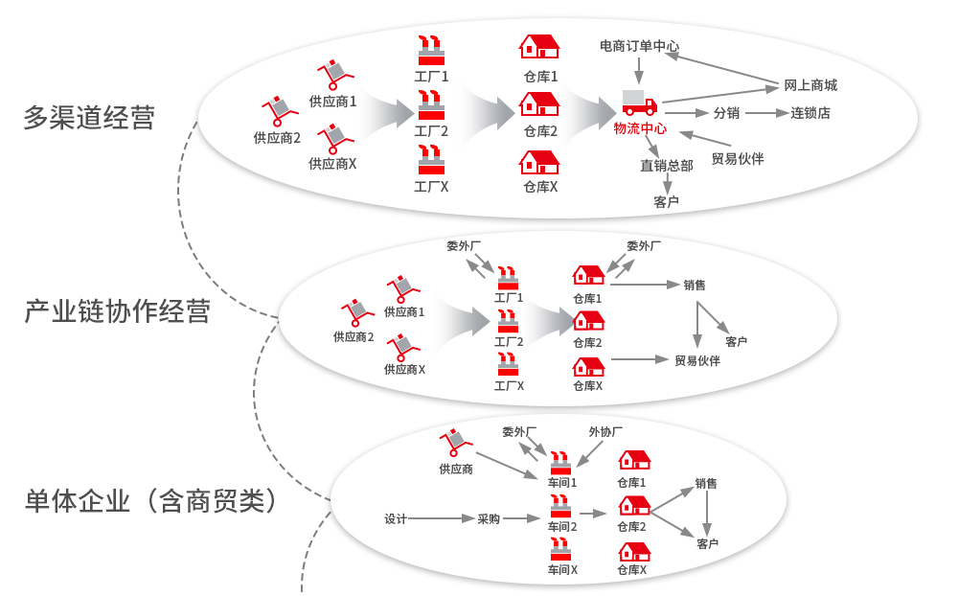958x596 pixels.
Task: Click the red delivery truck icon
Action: pyautogui.click(x=639, y=103)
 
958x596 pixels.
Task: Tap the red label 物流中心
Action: pyautogui.click(x=640, y=128)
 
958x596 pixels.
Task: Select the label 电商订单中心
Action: pyautogui.click(x=639, y=45)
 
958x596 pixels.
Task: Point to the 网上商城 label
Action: pyautogui.click(x=810, y=85)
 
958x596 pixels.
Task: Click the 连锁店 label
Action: pyautogui.click(x=810, y=113)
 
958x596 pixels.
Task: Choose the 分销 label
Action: pyautogui.click(x=726, y=113)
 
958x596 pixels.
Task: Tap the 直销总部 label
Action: pyautogui.click(x=667, y=165)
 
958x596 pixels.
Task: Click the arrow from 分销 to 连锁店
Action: pyautogui.click(x=765, y=113)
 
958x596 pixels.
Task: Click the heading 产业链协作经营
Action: pyautogui.click(x=117, y=311)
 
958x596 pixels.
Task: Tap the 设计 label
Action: pyautogui.click(x=396, y=519)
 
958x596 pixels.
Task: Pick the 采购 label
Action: pyautogui.click(x=489, y=519)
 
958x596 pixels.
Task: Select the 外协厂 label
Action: pyautogui.click(x=605, y=432)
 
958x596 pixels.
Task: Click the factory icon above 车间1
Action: pyautogui.click(x=561, y=462)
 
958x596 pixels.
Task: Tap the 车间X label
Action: pyautogui.click(x=562, y=569)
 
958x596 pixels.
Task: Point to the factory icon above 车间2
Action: pyautogui.click(x=561, y=506)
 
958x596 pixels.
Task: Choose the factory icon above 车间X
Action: pyautogui.click(x=561, y=550)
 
